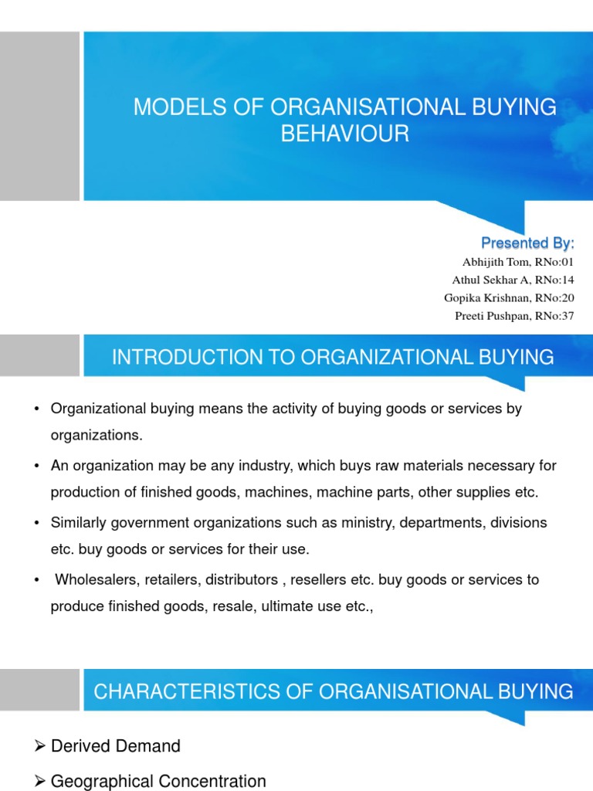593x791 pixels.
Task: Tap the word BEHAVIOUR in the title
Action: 344,134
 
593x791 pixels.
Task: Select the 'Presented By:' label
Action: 529,244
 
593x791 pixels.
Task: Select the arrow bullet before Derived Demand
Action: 40,746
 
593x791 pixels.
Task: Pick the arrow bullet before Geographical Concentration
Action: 40,782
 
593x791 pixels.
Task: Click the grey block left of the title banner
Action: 39,116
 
